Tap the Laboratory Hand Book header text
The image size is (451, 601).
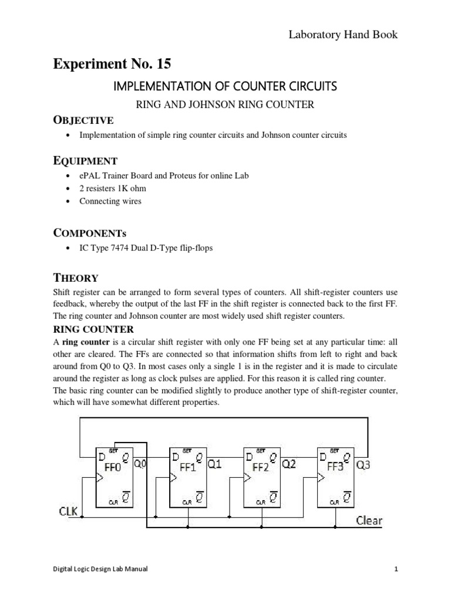pos(342,35)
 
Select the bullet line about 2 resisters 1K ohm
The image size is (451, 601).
pos(113,188)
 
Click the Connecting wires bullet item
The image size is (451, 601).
pos(110,201)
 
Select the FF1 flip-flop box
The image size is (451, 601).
pos(188,476)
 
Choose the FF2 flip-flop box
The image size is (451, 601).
pos(262,476)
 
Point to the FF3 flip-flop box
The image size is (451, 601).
pos(336,476)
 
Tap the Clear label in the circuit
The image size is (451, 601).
pos(369,521)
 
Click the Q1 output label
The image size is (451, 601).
pos(215,465)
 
